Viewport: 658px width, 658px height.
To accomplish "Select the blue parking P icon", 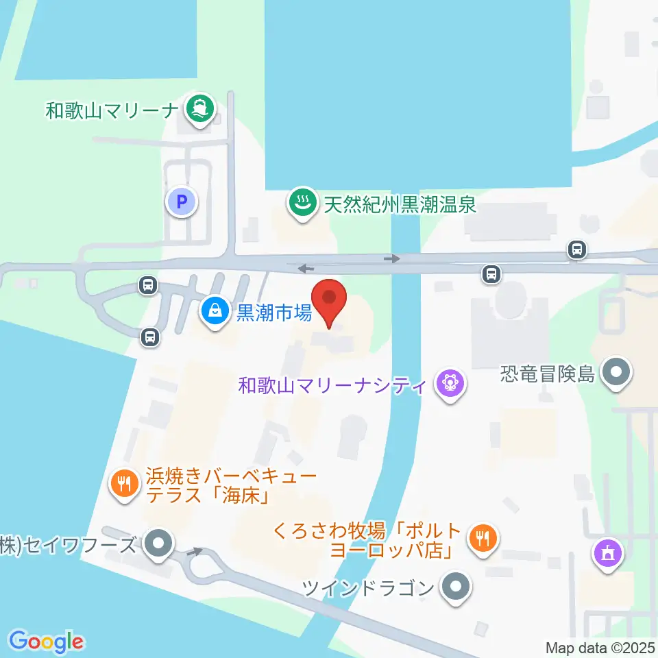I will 182,202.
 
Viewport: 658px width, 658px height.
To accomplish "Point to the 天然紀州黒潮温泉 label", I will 400,205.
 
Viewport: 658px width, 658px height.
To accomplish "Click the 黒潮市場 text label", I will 274,313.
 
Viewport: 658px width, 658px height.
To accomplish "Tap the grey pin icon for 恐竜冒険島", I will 616,374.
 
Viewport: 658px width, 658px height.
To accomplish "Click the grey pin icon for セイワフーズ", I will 159,545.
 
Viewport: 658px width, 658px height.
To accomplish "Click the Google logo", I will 47,642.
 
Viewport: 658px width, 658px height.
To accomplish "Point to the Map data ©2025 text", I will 600,647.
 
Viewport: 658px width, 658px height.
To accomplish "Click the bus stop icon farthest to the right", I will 577,250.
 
